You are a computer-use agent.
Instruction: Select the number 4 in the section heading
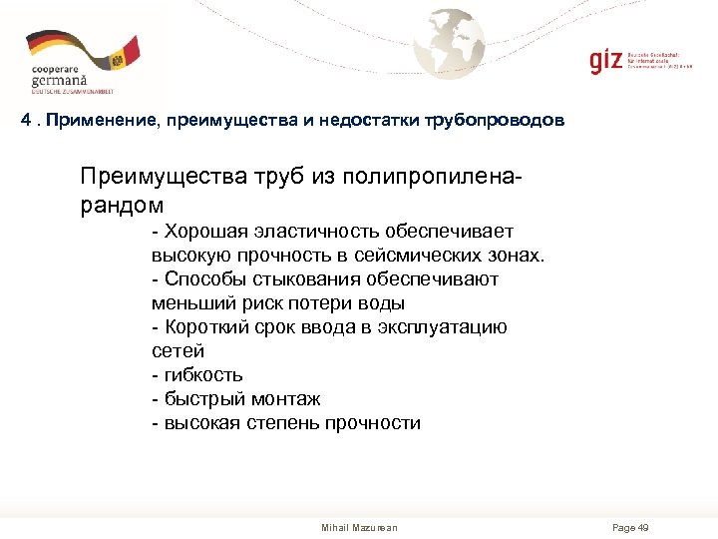pos(27,121)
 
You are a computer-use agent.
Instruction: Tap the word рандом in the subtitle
pos(122,204)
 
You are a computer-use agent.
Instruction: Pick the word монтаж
pos(285,399)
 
